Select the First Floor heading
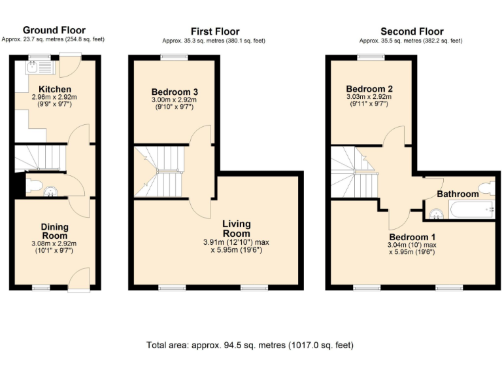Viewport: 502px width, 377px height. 214,31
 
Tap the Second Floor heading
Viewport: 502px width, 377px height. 411,31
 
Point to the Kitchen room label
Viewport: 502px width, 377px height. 55,89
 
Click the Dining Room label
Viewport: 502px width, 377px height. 55,231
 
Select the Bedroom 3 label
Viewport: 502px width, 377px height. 175,91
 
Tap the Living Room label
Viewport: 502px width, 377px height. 236,228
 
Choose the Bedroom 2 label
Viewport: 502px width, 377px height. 369,89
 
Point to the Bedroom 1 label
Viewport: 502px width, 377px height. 412,236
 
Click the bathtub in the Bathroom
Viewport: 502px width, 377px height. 470,211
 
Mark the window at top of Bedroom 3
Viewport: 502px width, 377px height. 175,58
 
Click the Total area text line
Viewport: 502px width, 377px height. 251,345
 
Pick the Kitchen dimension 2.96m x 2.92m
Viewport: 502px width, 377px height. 55,98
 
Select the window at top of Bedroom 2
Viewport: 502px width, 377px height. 370,58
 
